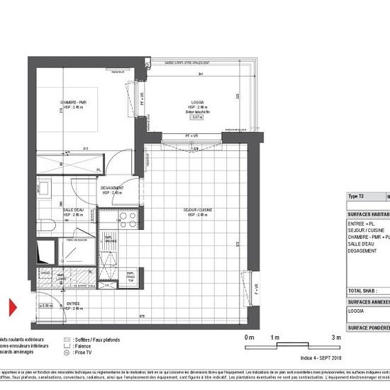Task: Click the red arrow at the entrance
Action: (x=12, y=308)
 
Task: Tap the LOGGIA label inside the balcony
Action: (x=189, y=102)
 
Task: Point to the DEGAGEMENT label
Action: (x=113, y=188)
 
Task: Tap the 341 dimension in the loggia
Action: (x=201, y=74)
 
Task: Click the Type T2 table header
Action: (x=356, y=196)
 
